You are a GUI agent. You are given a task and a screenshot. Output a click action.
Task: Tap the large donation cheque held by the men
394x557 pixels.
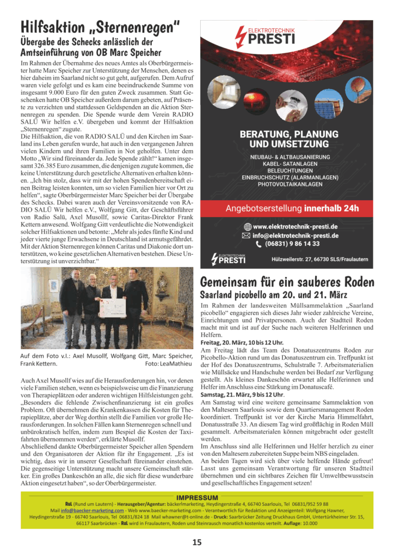tap(112, 308)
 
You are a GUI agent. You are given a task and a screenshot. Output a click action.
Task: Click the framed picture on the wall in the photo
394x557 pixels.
tap(54, 286)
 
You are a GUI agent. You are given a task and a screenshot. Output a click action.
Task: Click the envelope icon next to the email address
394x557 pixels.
tap(246, 236)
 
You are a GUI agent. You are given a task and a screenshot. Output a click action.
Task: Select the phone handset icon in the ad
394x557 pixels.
tap(258, 245)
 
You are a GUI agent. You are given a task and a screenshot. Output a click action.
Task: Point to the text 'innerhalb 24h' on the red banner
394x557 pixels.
tap(331, 208)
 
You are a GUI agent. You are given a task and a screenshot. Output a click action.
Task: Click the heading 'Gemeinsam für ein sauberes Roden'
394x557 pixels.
tap(287, 282)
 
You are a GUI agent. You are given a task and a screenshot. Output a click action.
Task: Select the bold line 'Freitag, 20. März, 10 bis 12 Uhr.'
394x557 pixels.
tap(242, 343)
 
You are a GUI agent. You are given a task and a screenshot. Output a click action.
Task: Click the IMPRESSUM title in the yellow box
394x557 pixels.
tap(197, 498)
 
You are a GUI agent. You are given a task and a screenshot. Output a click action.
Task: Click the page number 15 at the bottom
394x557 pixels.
tap(196, 542)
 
